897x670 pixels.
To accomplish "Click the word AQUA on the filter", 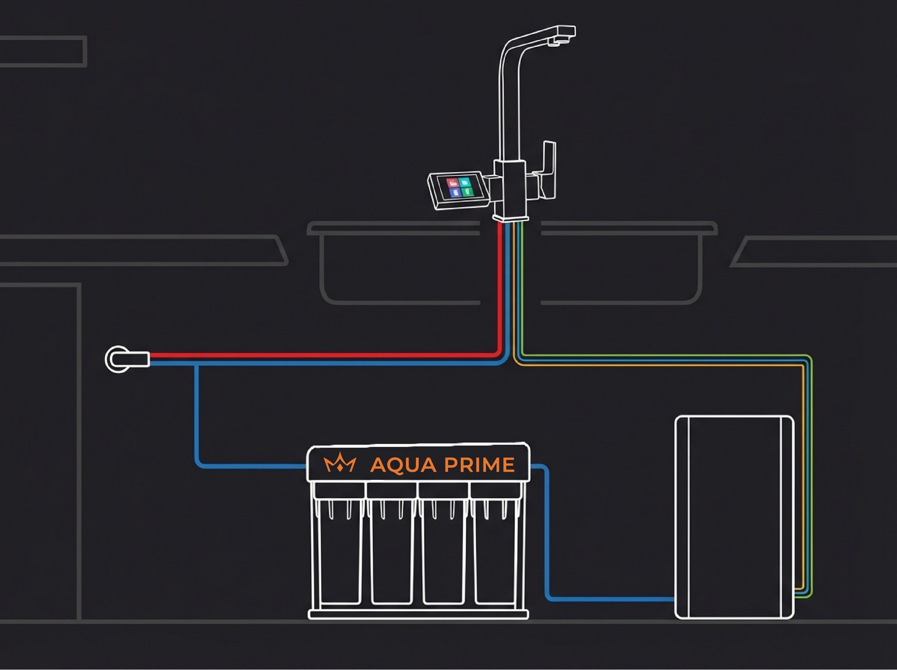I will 403,465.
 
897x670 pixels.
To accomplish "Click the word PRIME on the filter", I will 479,465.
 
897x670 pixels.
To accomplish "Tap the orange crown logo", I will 340,464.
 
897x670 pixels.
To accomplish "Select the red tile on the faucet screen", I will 452,183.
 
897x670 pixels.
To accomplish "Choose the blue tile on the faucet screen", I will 455,193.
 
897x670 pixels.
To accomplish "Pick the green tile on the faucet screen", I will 468,192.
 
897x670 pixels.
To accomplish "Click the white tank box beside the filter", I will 734,517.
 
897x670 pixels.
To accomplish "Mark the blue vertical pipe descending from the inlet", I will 196,415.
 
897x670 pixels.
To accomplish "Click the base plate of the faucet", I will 510,218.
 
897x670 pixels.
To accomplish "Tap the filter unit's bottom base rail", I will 418,615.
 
